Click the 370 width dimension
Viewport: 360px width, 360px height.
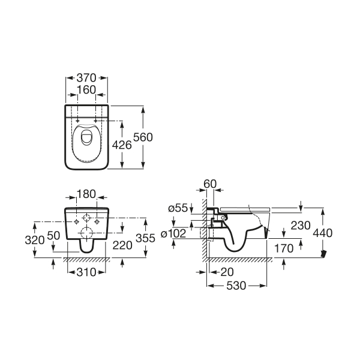click(86, 78)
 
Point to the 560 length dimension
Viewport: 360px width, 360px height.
click(144, 137)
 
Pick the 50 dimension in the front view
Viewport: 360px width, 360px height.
click(53, 236)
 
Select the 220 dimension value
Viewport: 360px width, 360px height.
click(122, 245)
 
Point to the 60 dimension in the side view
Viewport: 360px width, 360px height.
click(209, 183)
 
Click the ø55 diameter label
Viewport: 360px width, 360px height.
click(179, 208)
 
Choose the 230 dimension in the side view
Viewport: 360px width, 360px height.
click(284, 225)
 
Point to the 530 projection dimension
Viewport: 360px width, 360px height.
click(236, 286)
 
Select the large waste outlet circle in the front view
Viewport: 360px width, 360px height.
click(88, 233)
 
